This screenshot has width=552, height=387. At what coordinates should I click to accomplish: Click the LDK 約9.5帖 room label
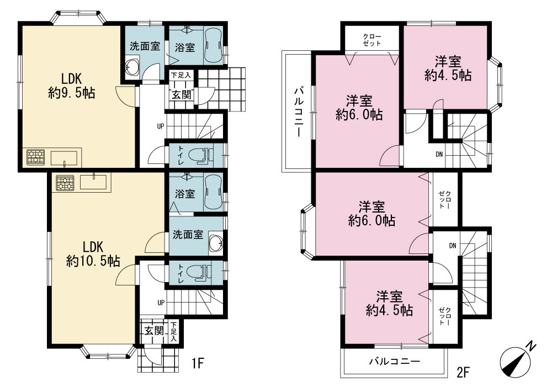(x=72, y=86)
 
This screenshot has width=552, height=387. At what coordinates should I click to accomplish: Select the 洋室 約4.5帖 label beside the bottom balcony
(x=389, y=304)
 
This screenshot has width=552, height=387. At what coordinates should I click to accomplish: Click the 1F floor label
(x=198, y=363)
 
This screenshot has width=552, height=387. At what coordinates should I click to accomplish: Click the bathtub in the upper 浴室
(x=213, y=46)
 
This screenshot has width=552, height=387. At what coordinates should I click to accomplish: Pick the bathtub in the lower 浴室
(x=213, y=193)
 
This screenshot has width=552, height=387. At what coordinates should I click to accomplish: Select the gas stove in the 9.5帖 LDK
(x=36, y=157)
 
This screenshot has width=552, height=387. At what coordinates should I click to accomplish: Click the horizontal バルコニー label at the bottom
(x=395, y=362)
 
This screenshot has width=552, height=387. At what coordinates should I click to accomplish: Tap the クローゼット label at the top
(x=372, y=40)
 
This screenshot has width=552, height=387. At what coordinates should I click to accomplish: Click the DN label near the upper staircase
(x=439, y=154)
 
